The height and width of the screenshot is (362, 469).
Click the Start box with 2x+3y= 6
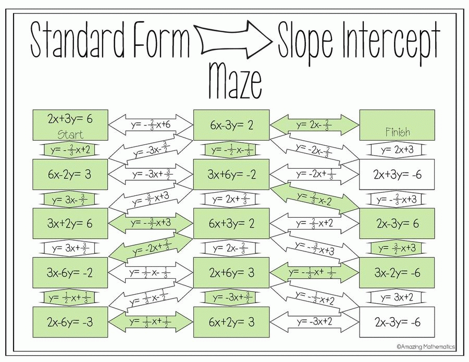point(70,125)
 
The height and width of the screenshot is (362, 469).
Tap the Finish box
point(397,125)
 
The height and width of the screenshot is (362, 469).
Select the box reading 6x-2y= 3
point(70,174)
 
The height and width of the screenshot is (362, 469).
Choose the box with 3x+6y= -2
point(231,174)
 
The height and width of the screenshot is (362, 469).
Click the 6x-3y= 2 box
point(231,125)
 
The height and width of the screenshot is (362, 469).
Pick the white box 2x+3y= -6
point(397,174)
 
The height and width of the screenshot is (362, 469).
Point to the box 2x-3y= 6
point(397,223)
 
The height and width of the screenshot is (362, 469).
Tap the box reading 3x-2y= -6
point(397,272)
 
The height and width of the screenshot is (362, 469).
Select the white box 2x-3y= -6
point(397,322)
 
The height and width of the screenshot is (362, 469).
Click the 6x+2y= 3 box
point(231,322)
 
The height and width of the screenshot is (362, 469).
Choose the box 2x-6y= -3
point(70,322)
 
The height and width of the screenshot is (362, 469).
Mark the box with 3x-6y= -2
point(70,272)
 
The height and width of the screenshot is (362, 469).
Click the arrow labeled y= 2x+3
point(397,150)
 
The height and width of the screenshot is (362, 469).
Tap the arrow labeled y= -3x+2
point(314,322)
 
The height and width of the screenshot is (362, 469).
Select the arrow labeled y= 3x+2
point(397,297)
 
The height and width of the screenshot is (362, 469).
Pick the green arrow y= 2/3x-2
point(314,199)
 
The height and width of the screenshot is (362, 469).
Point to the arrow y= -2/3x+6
point(151,125)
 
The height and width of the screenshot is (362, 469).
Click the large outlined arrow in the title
point(233,39)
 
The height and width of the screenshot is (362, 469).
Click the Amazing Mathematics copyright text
point(426,347)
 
